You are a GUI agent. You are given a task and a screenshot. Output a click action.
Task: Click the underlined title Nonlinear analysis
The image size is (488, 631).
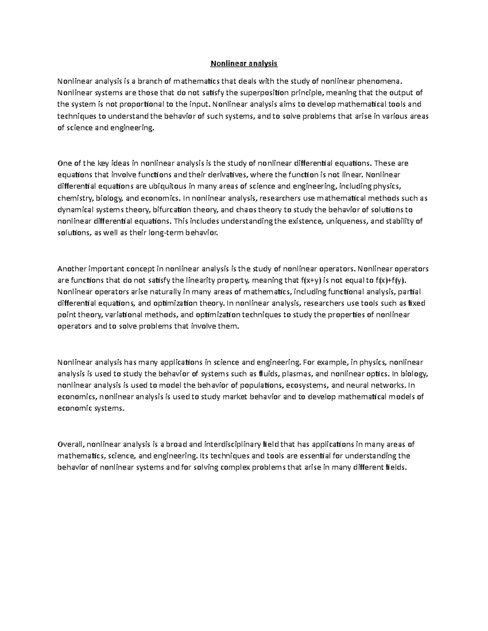click(244, 63)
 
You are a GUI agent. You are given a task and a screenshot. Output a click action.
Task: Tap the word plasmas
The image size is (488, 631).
click(294, 374)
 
